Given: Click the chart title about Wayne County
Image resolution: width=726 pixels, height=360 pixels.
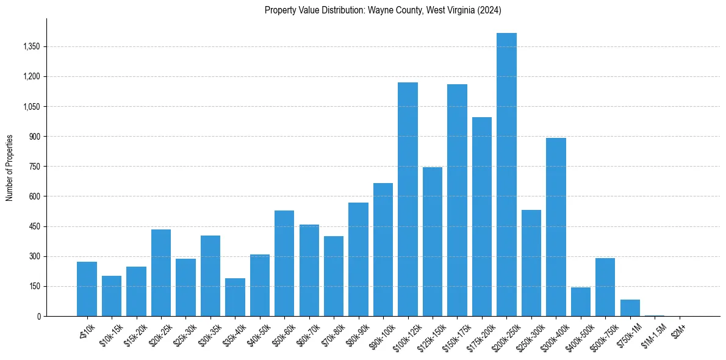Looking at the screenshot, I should (383, 10).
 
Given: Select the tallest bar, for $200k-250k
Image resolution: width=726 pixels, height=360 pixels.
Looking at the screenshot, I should (506, 175).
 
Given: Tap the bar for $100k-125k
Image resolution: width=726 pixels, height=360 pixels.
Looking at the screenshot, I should (408, 199).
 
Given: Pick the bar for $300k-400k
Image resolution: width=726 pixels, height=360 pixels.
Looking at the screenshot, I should (556, 227).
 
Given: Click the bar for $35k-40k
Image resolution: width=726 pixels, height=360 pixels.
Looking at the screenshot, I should (235, 297).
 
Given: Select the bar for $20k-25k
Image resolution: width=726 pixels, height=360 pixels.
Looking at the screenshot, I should (161, 273).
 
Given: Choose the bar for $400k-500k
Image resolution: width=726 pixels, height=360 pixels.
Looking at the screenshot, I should (581, 302).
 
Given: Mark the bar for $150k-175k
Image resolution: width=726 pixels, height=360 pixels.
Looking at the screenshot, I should (457, 200).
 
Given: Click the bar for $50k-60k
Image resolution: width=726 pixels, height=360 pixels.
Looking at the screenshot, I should (284, 263).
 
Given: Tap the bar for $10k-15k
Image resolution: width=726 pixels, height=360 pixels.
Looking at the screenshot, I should (112, 296).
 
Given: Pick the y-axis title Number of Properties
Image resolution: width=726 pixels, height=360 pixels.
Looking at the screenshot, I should (10, 167).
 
